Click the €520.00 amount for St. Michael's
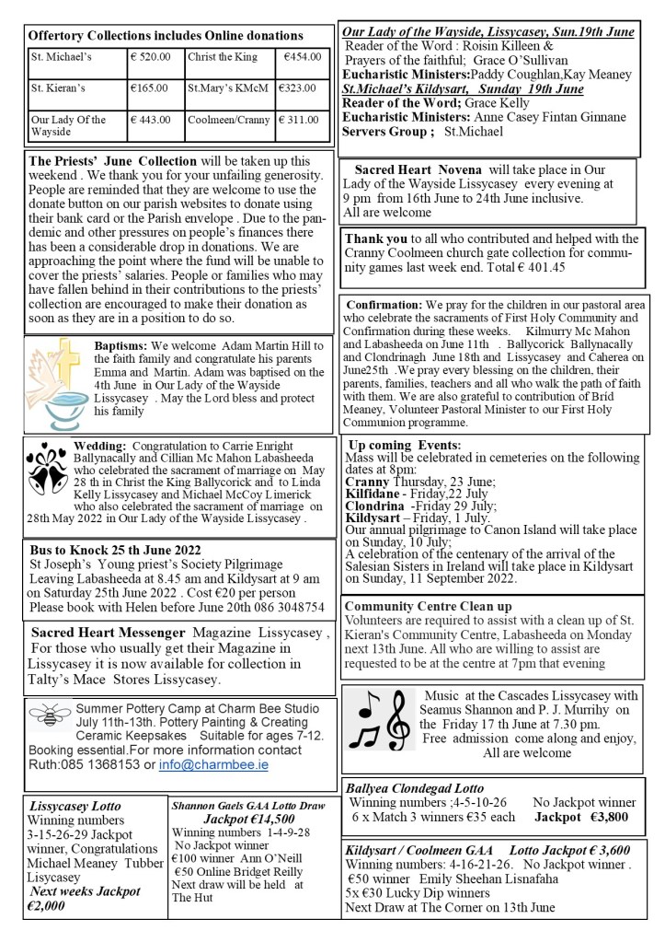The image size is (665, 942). pyautogui.click(x=151, y=57)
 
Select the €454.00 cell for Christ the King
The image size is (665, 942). pyautogui.click(x=303, y=57)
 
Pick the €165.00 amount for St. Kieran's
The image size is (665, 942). pyautogui.click(x=149, y=88)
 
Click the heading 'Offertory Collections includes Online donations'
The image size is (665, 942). pyautogui.click(x=166, y=36)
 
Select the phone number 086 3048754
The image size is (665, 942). pyautogui.click(x=278, y=609)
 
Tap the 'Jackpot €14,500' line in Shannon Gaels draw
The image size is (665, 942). pyautogui.click(x=247, y=819)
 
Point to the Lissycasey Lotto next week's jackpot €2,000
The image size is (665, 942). pyautogui.click(x=84, y=899)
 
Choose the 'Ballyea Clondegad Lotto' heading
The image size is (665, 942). pyautogui.click(x=415, y=788)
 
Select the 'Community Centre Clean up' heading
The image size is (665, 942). pyautogui.click(x=428, y=607)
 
